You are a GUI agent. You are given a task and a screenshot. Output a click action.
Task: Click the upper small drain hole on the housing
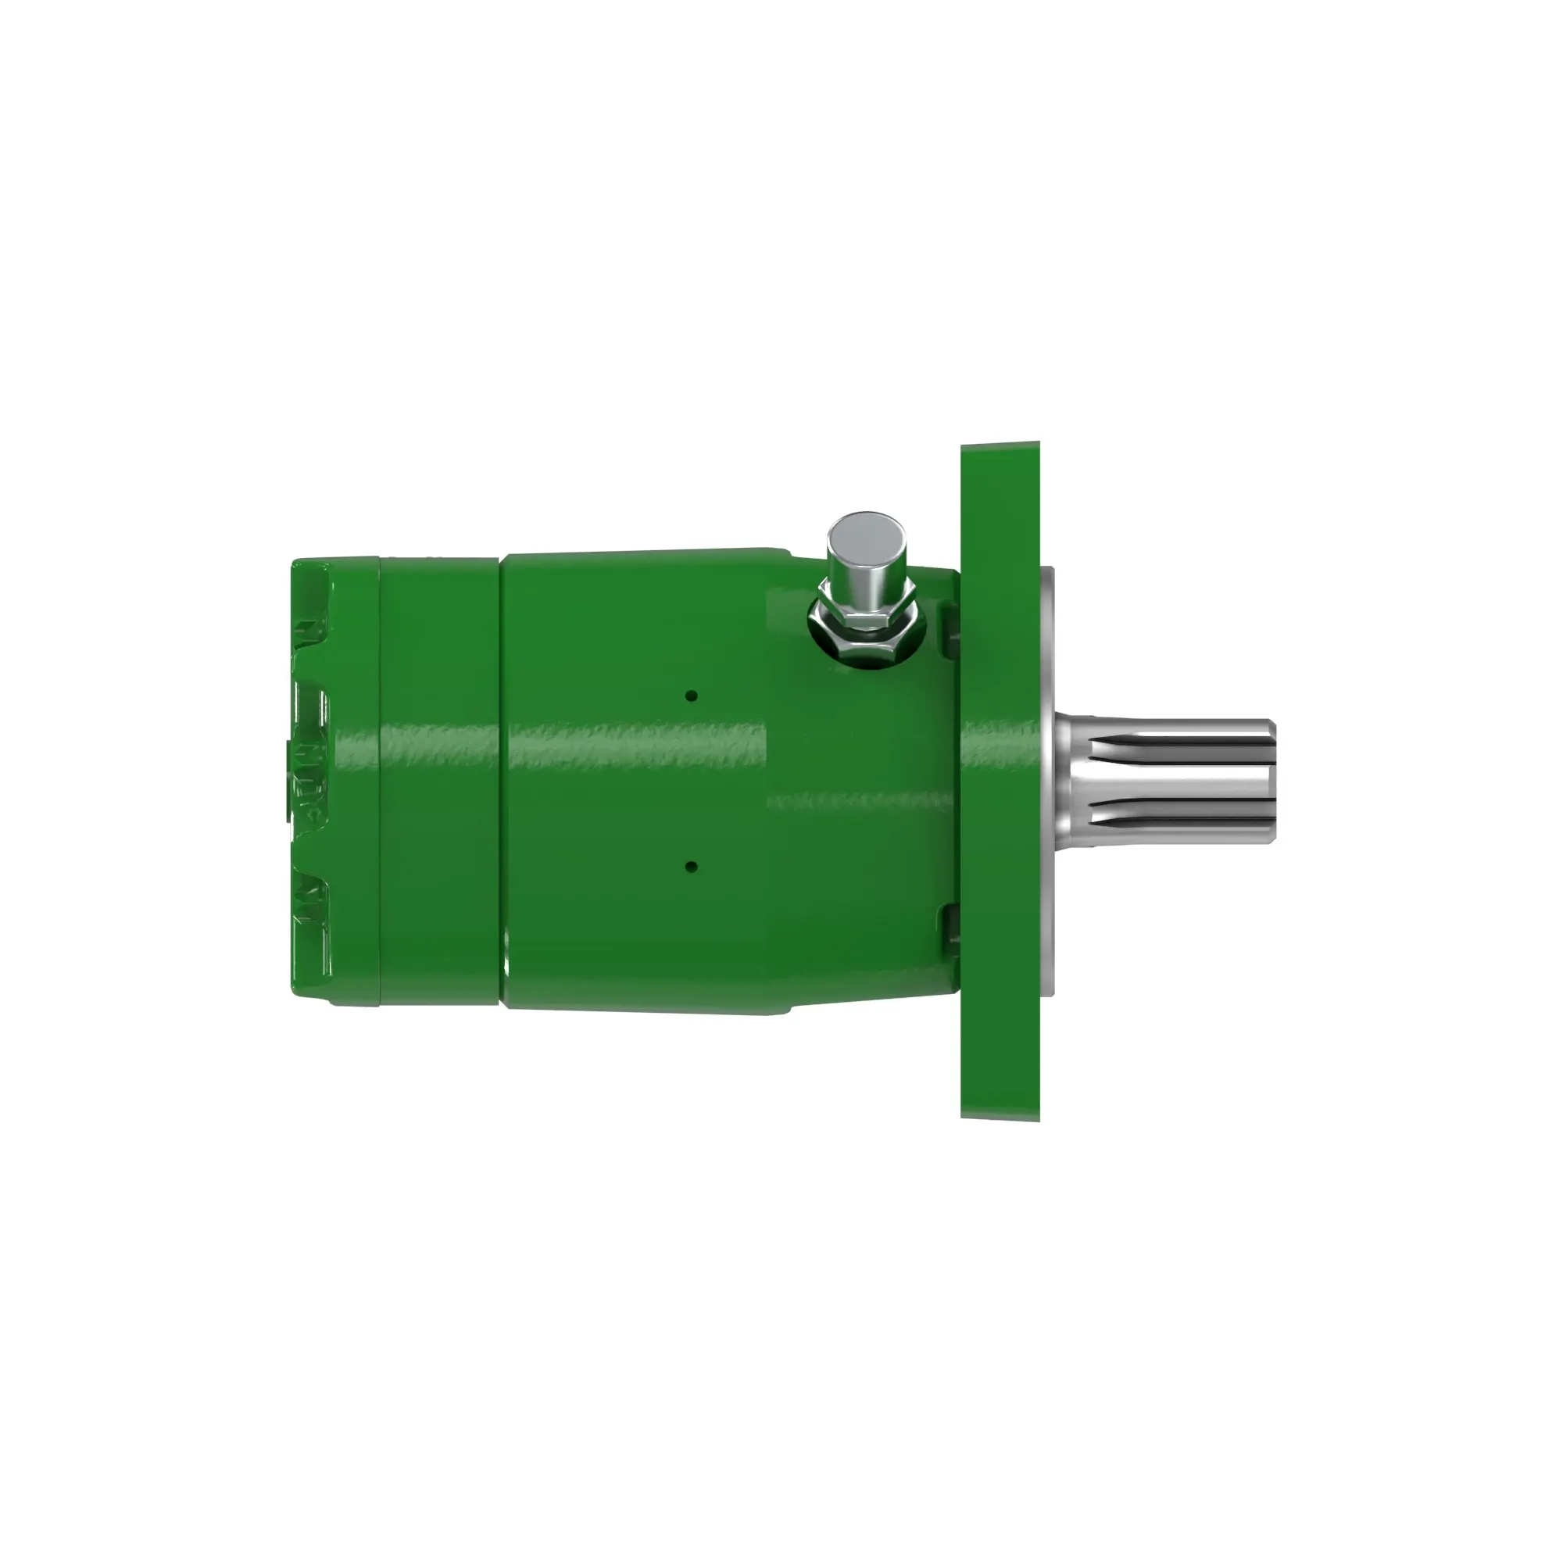[691, 696]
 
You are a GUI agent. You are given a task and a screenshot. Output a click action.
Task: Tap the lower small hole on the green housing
[691, 867]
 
